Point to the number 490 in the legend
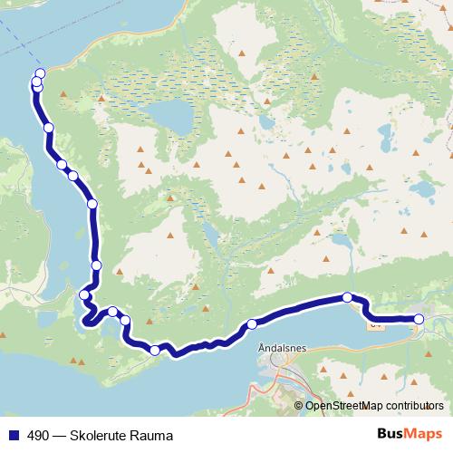pos(38,436)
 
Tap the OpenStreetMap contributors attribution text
pos(374,406)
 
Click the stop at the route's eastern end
pos(419,319)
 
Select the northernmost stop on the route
pos(40,74)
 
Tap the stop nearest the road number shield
pos(347,297)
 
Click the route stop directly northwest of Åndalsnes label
pos(252,323)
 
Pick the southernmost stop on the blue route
pos(155,351)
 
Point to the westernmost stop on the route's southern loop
pos(84,294)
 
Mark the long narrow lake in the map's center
pos(210,238)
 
